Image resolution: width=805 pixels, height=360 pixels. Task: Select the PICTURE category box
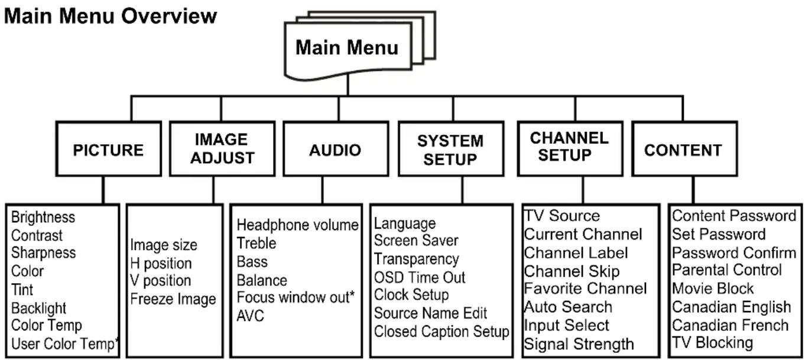(109, 149)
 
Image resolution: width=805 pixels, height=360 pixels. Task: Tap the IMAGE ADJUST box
(222, 149)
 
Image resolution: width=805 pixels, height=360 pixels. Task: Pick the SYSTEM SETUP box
(451, 149)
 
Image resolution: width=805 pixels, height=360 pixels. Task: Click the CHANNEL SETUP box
(570, 149)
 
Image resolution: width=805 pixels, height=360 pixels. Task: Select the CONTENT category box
(684, 149)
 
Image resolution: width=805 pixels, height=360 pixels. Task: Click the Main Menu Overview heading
(111, 16)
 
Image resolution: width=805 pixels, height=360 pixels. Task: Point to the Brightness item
(43, 217)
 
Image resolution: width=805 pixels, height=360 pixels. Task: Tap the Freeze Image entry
(173, 299)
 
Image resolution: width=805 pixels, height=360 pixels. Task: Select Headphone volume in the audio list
(297, 225)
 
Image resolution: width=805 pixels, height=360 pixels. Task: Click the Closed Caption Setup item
(442, 332)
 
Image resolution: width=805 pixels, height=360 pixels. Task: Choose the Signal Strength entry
(579, 344)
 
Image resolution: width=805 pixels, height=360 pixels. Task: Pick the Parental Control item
(726, 270)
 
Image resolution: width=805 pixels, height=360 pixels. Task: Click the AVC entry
(250, 316)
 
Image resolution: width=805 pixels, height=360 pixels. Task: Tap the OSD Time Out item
(420, 277)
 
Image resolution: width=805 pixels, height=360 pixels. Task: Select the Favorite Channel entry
(585, 288)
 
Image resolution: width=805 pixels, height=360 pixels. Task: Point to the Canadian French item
(731, 326)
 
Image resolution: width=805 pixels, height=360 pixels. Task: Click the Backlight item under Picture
(38, 308)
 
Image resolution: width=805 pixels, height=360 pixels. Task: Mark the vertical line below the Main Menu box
(348, 85)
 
